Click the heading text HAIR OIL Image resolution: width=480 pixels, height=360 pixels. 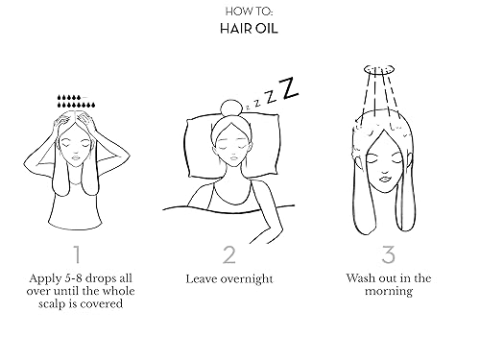(239, 29)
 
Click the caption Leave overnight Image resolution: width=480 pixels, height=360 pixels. (228, 278)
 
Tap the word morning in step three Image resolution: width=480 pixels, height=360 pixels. (388, 292)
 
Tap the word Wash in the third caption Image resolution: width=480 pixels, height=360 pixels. (364, 278)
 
